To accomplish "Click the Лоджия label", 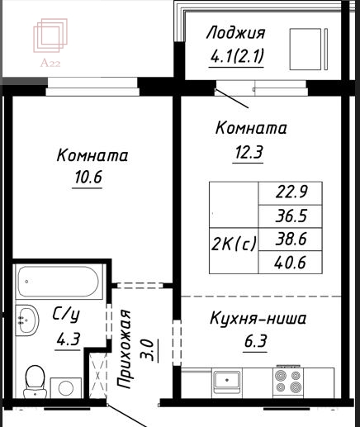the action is pyautogui.click(x=236, y=33).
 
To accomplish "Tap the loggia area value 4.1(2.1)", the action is pyautogui.click(x=237, y=56).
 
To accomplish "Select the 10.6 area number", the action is pyautogui.click(x=88, y=177).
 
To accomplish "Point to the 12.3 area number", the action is pyautogui.click(x=249, y=152).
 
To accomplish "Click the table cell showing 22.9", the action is pyautogui.click(x=291, y=193).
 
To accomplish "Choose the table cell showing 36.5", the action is pyautogui.click(x=291, y=216).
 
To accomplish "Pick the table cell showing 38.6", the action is pyautogui.click(x=291, y=240).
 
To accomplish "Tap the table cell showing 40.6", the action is pyautogui.click(x=291, y=263).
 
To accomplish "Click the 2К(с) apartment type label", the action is pyautogui.click(x=234, y=244).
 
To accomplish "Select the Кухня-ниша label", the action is pyautogui.click(x=258, y=319).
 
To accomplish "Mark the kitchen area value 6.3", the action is pyautogui.click(x=255, y=342).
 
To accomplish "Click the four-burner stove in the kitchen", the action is pyautogui.click(x=288, y=382).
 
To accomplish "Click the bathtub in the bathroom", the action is pyautogui.click(x=59, y=282).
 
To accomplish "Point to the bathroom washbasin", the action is pyautogui.click(x=26, y=320).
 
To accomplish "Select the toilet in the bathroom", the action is pyautogui.click(x=35, y=382).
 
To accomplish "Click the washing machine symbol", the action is pyautogui.click(x=66, y=388).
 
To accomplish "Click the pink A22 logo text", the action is pyautogui.click(x=50, y=64).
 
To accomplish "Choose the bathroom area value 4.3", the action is pyautogui.click(x=68, y=339).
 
